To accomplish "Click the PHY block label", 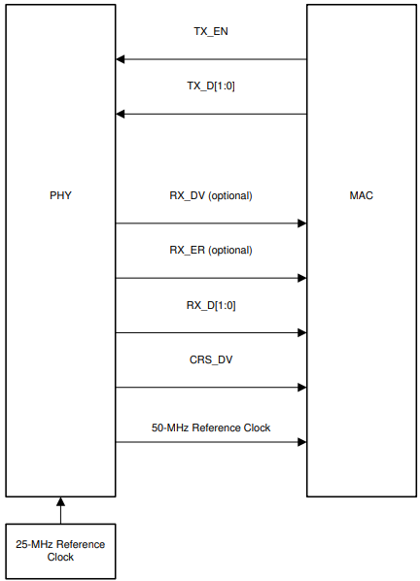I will coord(60,195).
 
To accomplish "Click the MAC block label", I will coord(361,195).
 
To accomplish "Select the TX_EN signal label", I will coord(211,31).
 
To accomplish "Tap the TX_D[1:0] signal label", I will coord(211,85).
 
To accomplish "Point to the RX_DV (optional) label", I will coord(211,195).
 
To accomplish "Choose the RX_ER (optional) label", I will coord(211,250).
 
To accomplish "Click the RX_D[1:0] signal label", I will coord(211,305).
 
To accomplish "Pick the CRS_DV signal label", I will coord(211,359).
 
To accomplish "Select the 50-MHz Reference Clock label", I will coord(211,427).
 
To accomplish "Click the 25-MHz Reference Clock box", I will coord(60,551).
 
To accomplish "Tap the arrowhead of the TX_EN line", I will coord(121,60).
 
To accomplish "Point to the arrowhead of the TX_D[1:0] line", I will coord(121,115).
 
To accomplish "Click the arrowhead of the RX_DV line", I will coord(301,223).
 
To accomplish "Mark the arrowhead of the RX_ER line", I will coord(301,278).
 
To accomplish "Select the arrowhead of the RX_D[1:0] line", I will coord(301,333).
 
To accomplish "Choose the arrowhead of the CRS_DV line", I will coord(301,388).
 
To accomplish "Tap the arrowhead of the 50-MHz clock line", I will coord(301,442).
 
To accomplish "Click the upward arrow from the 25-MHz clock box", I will coord(60,503).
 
